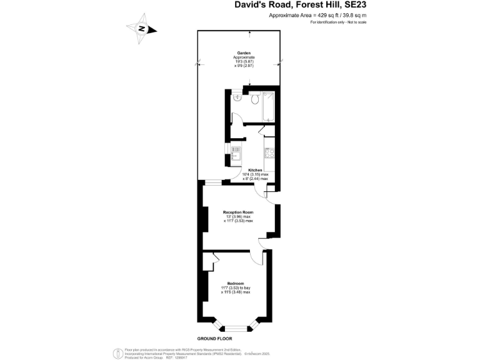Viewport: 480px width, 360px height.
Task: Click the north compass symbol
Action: click(x=141, y=29)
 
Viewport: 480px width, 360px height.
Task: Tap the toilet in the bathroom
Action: click(x=254, y=98)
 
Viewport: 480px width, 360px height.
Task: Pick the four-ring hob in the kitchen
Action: click(x=269, y=152)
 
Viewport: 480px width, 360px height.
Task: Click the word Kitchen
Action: click(x=255, y=170)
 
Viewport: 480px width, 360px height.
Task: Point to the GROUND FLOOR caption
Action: click(x=206, y=337)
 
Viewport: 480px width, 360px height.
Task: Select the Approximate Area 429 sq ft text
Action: click(x=317, y=15)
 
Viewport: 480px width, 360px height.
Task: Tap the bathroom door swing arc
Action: click(x=237, y=118)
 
